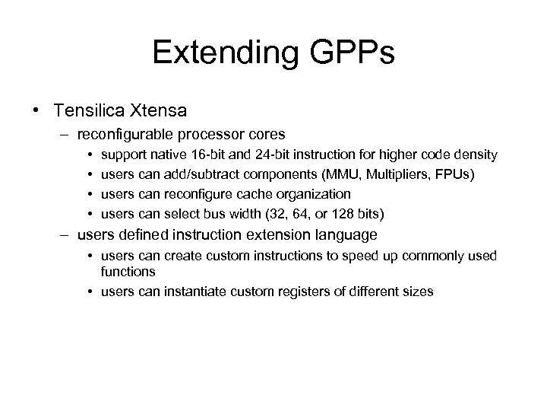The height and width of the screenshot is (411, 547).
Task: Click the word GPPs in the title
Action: tap(355, 53)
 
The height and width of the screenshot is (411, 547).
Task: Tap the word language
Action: tap(343, 234)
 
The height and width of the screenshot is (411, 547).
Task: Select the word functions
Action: tap(128, 271)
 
